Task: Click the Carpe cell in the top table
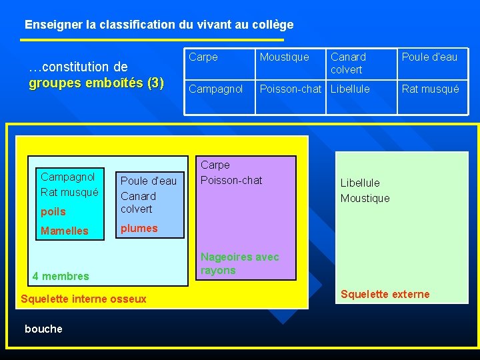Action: [x=203, y=57]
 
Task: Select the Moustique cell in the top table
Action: [x=285, y=57]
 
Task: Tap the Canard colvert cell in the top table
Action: [x=348, y=63]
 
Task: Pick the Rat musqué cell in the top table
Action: [x=430, y=89]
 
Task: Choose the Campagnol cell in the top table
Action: [x=216, y=89]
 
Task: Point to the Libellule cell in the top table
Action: [x=350, y=89]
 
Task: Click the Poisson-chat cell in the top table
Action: [x=291, y=89]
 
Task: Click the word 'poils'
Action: [x=53, y=211]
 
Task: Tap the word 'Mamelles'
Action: [x=65, y=231]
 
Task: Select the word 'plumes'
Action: [x=139, y=228]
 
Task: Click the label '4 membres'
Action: [x=61, y=276]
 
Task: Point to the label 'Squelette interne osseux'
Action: [x=83, y=299]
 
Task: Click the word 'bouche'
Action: [x=43, y=329]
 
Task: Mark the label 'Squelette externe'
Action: [x=385, y=294]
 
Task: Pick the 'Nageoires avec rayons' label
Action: [x=239, y=263]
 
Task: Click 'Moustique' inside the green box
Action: [x=365, y=198]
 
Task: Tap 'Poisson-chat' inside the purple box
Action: [x=231, y=180]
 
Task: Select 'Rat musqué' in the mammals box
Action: [x=69, y=192]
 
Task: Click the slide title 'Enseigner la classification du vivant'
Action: [x=159, y=25]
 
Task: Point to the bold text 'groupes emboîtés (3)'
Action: [x=97, y=83]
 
